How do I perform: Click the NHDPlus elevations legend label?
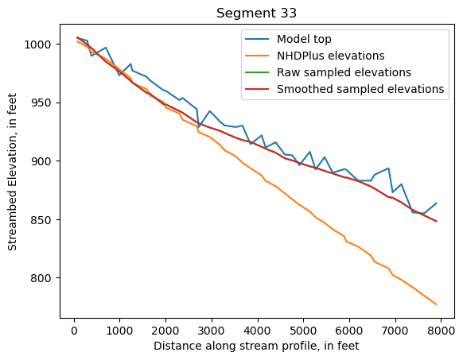pyautogui.click(x=331, y=56)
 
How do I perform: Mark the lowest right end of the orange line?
pyautogui.click(x=436, y=304)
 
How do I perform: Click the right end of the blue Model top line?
pyautogui.click(x=436, y=203)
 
